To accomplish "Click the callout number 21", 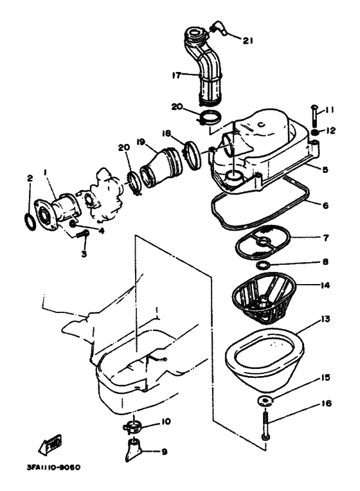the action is point(248,40).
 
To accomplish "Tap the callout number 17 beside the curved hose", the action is point(177,75).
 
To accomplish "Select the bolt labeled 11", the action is point(314,116).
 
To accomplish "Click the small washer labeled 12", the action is point(314,132).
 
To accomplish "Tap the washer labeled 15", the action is point(265,400).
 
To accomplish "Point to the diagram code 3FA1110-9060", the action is point(53,467).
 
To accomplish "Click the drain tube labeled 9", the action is point(133,450).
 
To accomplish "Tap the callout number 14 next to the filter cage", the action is point(325,285).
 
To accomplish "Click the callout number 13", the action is point(325,319).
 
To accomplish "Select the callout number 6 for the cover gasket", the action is point(325,206).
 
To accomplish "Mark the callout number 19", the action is point(141,142).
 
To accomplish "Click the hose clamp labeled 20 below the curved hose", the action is point(211,118).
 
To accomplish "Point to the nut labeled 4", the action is point(73,224).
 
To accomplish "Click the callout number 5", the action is point(325,170).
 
